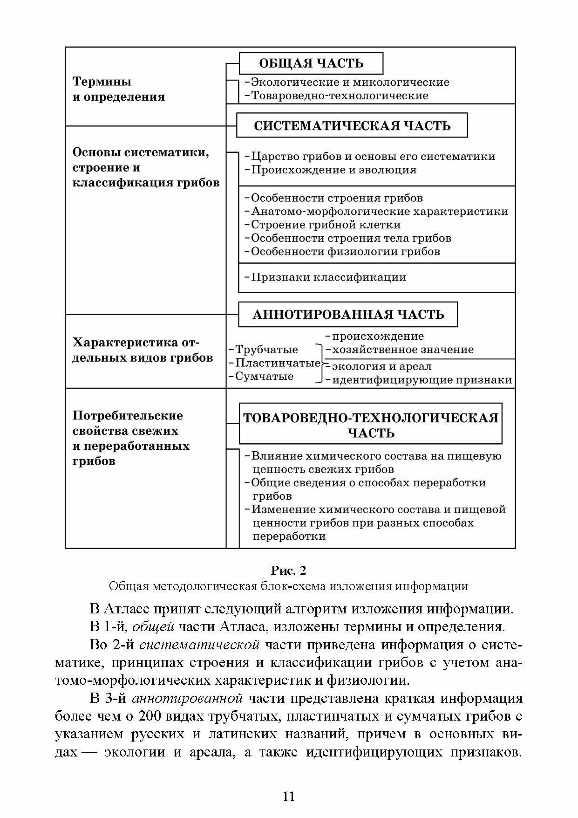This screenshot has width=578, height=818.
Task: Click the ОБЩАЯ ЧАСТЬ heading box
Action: pyautogui.click(x=311, y=63)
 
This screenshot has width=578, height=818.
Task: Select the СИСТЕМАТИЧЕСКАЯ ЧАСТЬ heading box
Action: pyautogui.click(x=352, y=125)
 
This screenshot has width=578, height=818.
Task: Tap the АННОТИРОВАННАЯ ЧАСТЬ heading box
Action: pyautogui.click(x=348, y=315)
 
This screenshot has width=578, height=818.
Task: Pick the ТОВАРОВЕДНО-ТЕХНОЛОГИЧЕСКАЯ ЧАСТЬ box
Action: pyautogui.click(x=371, y=424)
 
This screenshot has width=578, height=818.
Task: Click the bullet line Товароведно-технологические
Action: pyautogui.click(x=340, y=96)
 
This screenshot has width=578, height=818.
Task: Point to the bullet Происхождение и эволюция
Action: pyautogui.click(x=333, y=170)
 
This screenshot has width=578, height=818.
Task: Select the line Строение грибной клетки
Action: pyautogui.click(x=326, y=225)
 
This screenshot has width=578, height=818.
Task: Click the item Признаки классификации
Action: pyautogui.click(x=328, y=277)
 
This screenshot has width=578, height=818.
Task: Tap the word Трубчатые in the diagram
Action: pyautogui.click(x=266, y=350)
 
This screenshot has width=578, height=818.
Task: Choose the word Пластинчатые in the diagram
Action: pyautogui.click(x=278, y=363)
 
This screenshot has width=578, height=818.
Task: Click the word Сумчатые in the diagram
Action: pyautogui.click(x=264, y=376)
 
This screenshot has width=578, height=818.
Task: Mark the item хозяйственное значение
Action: pyautogui.click(x=402, y=350)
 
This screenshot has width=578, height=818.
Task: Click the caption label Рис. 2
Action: pyautogui.click(x=289, y=571)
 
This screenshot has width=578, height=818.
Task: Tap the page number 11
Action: pyautogui.click(x=289, y=796)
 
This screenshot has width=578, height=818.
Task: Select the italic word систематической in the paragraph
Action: pyautogui.click(x=199, y=645)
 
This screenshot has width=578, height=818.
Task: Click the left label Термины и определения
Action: pyautogui.click(x=119, y=89)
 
